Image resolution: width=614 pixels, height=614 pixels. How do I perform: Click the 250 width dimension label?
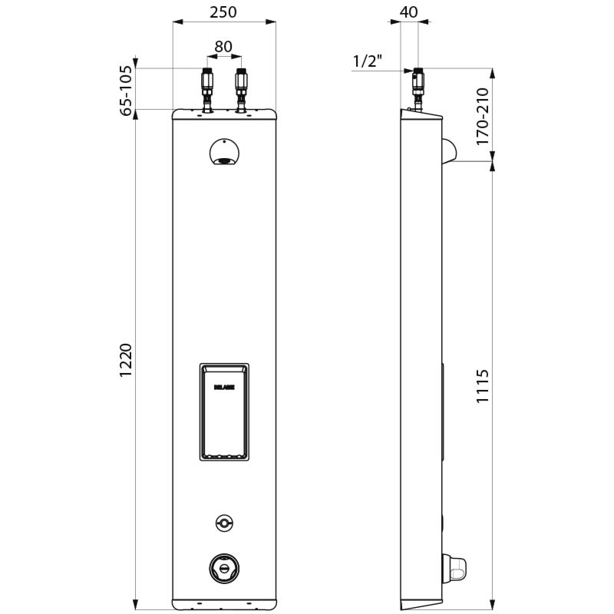point(223,12)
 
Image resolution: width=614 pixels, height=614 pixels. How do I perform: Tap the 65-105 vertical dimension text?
point(126,91)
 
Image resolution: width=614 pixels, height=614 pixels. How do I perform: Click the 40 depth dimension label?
point(410,12)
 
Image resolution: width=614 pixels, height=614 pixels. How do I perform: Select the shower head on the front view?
point(223,153)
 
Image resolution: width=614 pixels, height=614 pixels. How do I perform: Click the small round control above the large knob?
point(223,522)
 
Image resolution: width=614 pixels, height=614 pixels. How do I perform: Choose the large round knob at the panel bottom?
point(223,567)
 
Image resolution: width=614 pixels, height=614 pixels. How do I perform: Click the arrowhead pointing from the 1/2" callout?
point(409,71)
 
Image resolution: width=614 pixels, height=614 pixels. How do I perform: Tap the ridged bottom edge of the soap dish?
point(223,456)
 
